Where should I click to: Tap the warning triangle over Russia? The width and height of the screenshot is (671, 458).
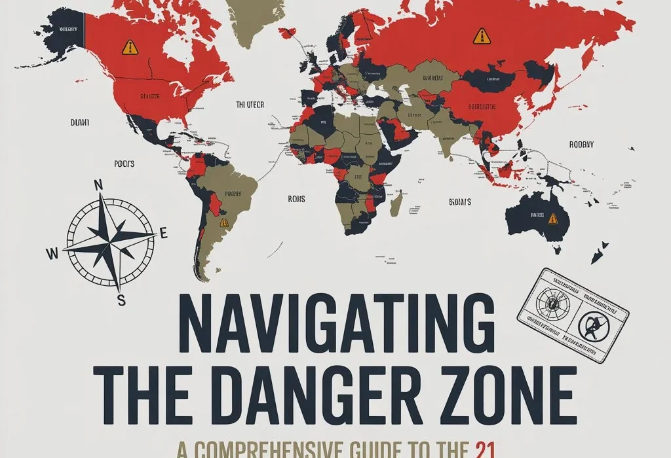[482, 35]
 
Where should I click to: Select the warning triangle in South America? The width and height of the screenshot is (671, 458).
[224, 222]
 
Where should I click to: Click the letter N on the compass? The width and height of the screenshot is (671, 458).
[100, 185]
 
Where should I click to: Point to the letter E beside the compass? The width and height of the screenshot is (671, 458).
[164, 233]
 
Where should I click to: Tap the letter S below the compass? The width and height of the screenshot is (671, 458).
[121, 300]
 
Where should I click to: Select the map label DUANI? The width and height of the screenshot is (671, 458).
[79, 122]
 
